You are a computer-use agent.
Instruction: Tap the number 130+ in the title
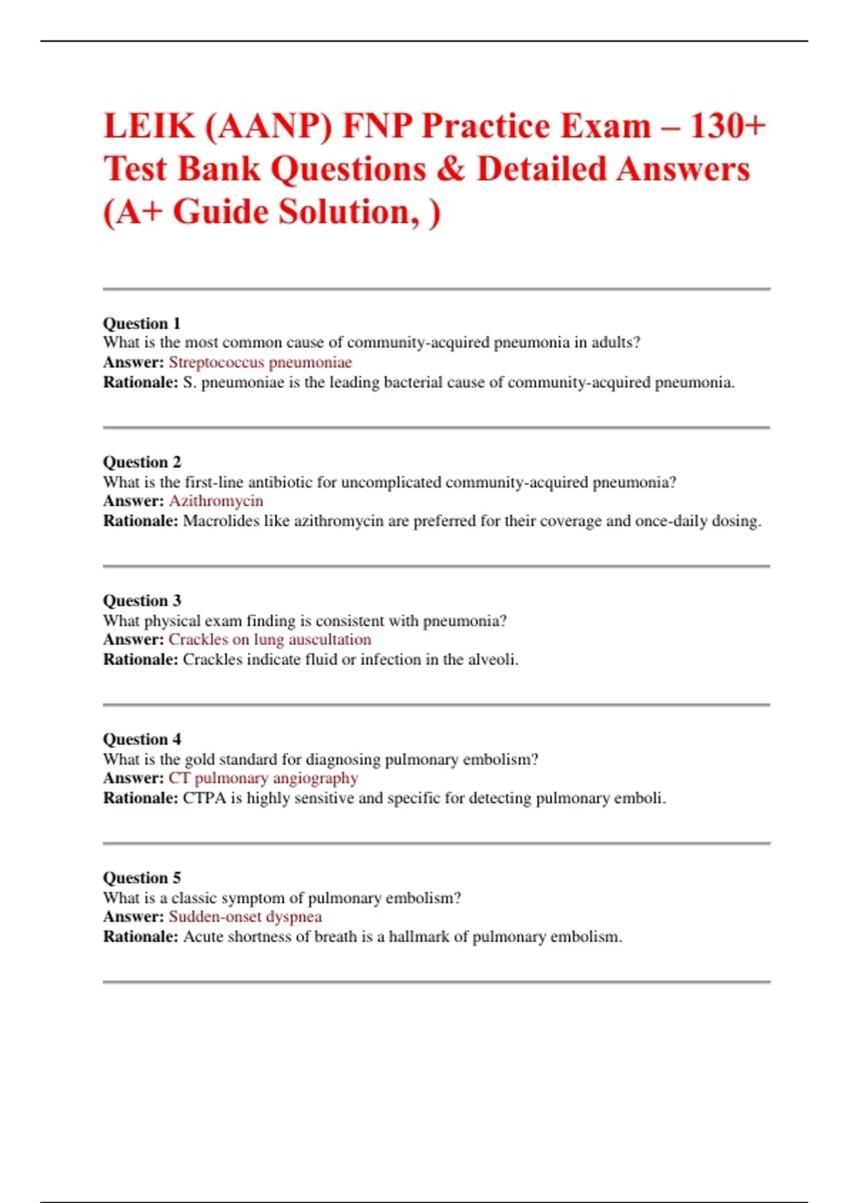727,127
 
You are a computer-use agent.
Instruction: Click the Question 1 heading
141,323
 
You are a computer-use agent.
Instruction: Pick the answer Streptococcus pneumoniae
260,362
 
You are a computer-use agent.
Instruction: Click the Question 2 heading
141,462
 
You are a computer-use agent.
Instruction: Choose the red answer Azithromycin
216,501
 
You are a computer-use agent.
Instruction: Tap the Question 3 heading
141,601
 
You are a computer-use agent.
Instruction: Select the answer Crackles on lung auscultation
270,640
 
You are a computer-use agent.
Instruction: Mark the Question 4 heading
141,739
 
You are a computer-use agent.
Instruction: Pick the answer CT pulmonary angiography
263,778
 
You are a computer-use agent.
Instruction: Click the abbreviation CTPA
204,798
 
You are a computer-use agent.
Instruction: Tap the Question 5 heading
141,878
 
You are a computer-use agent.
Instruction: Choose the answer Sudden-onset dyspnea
245,917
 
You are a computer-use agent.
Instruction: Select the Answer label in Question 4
133,778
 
